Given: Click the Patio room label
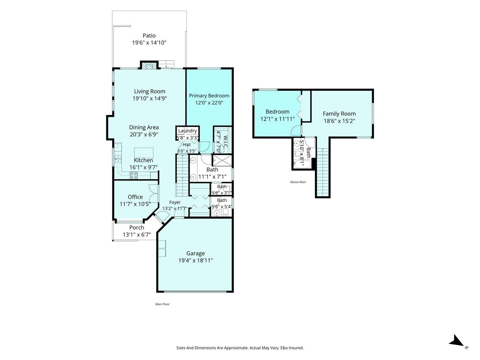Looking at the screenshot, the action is pos(149,36).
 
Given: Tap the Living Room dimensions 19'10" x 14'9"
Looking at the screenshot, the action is pos(149,98).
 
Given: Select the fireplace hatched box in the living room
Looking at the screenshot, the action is pos(149,66).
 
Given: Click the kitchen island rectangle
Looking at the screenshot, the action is pos(144,153).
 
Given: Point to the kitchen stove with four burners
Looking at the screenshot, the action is pos(134,175).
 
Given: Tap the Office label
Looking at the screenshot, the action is pos(135,197).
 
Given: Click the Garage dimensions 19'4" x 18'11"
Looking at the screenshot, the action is pos(196,260).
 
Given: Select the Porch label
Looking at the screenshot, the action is pos(137,228).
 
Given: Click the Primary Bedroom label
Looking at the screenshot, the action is pos(209,96).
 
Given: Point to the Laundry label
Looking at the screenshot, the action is pos(188,131).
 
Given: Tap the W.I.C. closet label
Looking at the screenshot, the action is pos(226,141).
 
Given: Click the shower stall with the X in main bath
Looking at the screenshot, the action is pos(222,160).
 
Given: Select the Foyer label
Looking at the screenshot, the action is pos(175,203).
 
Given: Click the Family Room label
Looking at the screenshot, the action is pos(339,114).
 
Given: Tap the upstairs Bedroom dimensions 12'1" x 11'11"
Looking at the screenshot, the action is pos(277,119).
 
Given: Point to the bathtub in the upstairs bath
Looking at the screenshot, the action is pos(301,164).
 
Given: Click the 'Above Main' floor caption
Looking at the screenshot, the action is pos(298,182).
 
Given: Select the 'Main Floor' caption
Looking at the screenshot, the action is pos(162,304).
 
